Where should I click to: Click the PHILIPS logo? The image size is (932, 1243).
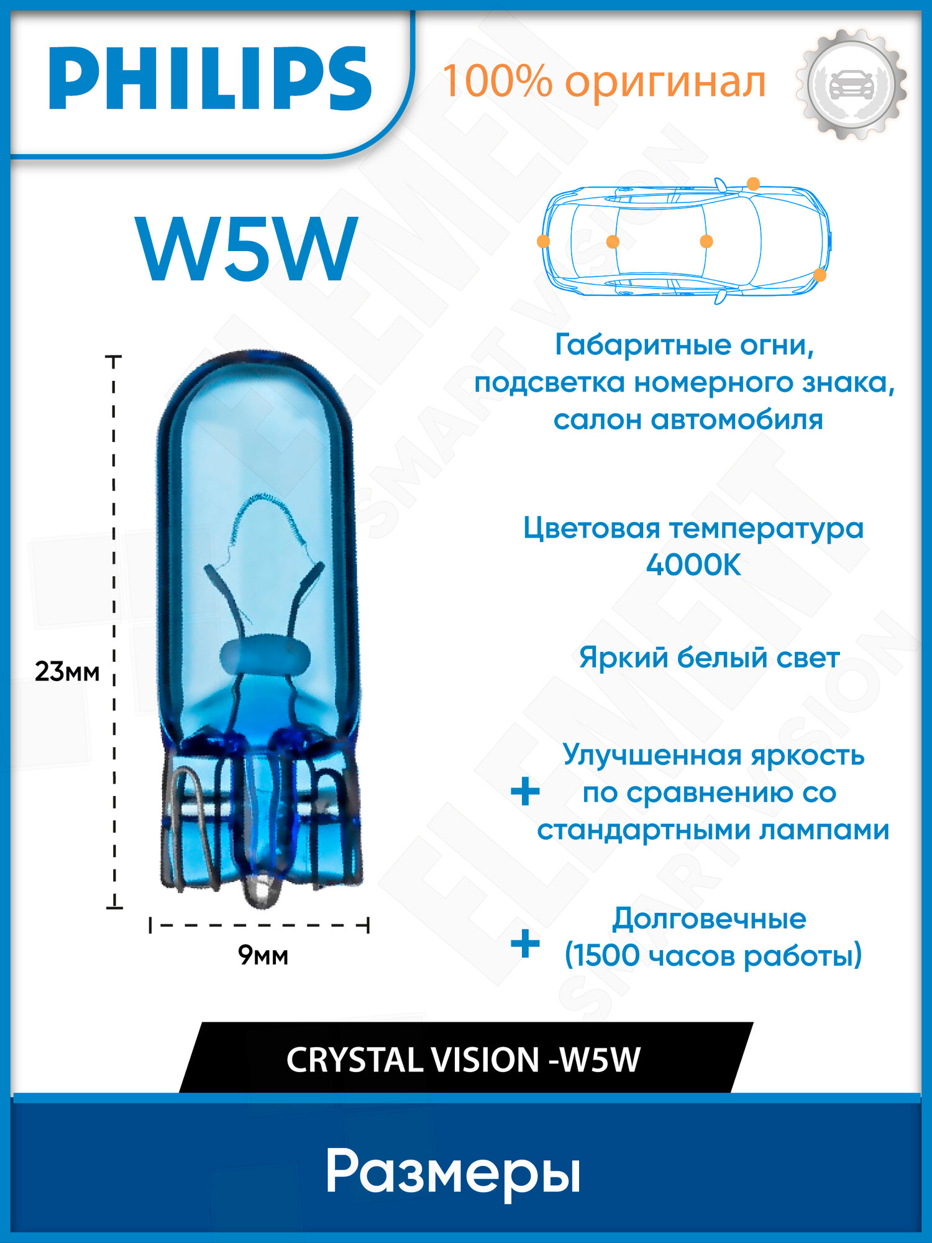pos(210,79)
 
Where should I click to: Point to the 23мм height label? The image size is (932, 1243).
pos(66,672)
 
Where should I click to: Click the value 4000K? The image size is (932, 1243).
pos(693,566)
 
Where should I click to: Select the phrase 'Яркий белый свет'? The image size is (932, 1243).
pos(709,658)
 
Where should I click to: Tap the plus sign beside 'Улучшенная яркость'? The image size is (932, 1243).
pos(525,792)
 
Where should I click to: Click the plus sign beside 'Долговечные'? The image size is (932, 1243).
pos(525,944)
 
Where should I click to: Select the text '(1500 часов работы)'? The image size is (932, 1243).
pos(713,956)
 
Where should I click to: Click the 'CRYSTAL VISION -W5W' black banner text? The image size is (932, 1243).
pos(463,1060)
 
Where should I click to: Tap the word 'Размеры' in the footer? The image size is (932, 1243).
pos(453,1173)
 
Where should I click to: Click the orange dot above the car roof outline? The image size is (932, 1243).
pos(753,184)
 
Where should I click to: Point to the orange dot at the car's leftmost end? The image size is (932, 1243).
pos(543,241)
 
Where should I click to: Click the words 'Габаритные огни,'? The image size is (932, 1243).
pos(684,345)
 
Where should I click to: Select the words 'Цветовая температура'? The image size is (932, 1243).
pos(693,529)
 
